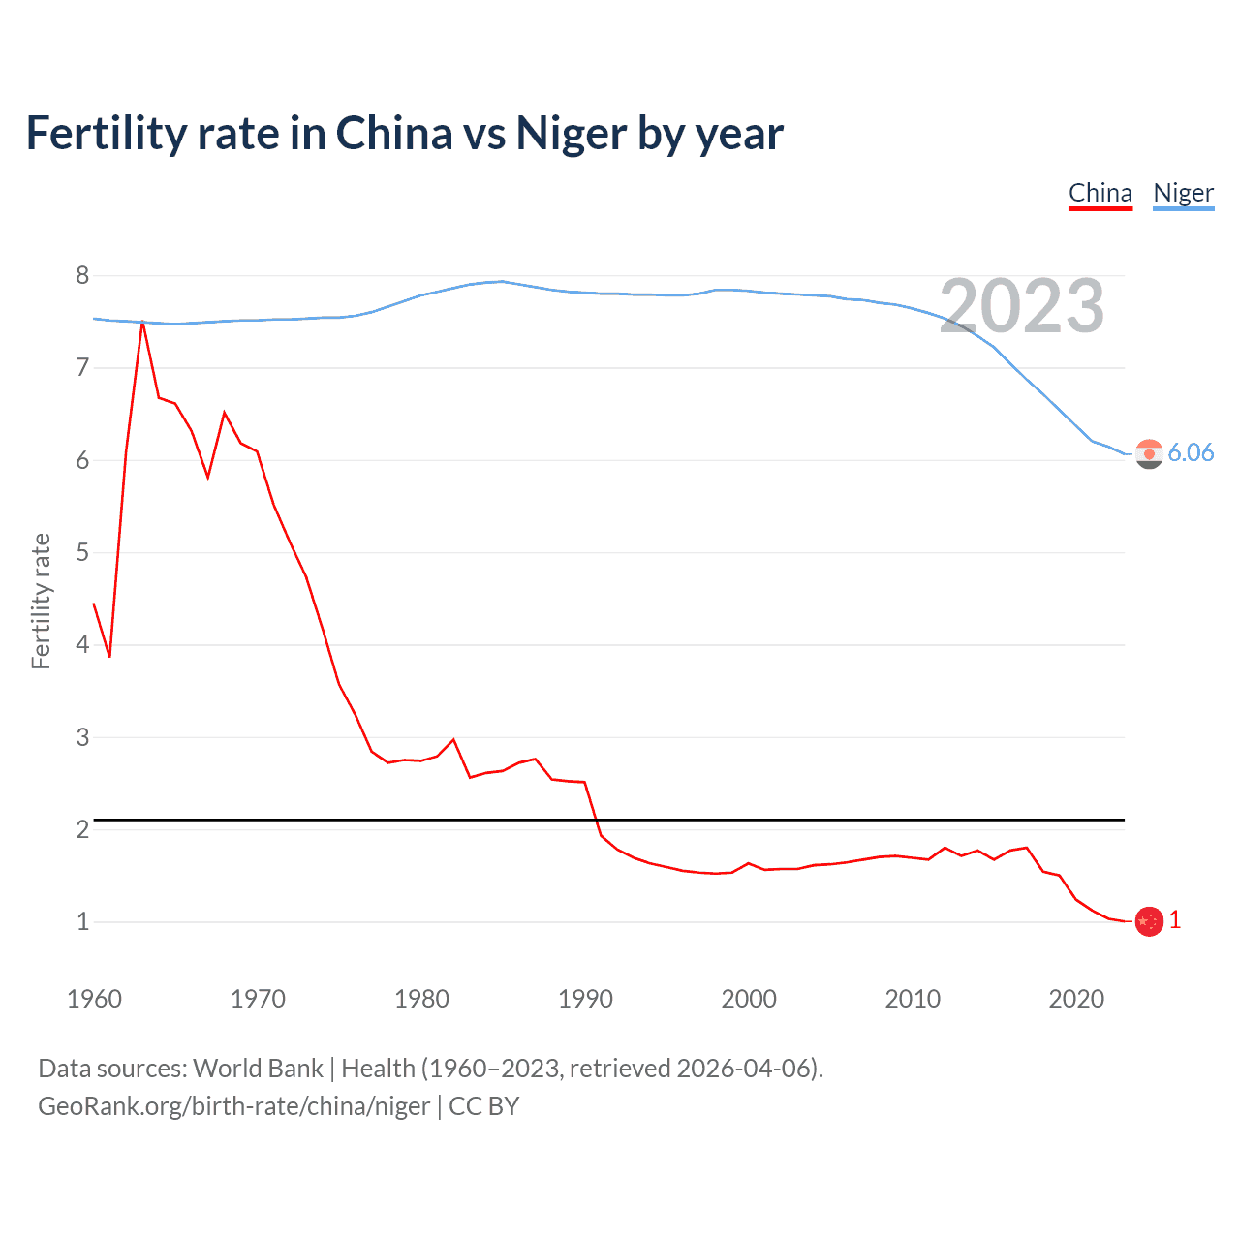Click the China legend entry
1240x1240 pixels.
pos(1100,193)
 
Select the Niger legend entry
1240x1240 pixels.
pos(1183,193)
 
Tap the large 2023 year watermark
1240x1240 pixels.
pos(1022,306)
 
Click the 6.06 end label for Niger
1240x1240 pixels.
pos(1191,452)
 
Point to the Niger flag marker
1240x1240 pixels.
pos(1149,453)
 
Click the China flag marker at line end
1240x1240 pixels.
pos(1149,921)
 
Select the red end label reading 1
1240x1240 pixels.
pos(1175,920)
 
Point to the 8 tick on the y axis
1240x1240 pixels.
pos(82,276)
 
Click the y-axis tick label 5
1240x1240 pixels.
pos(82,552)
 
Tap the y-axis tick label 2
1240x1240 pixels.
pos(82,829)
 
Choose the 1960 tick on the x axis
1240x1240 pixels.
pos(94,999)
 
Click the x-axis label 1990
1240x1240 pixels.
pos(585,999)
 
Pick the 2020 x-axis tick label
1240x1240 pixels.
pos(1076,999)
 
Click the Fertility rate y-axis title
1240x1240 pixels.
pos(41,601)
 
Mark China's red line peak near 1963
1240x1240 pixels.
pos(142,322)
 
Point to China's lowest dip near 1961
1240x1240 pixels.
pos(109,656)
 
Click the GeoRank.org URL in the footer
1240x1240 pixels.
pos(233,1106)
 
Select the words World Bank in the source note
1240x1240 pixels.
pos(258,1069)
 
